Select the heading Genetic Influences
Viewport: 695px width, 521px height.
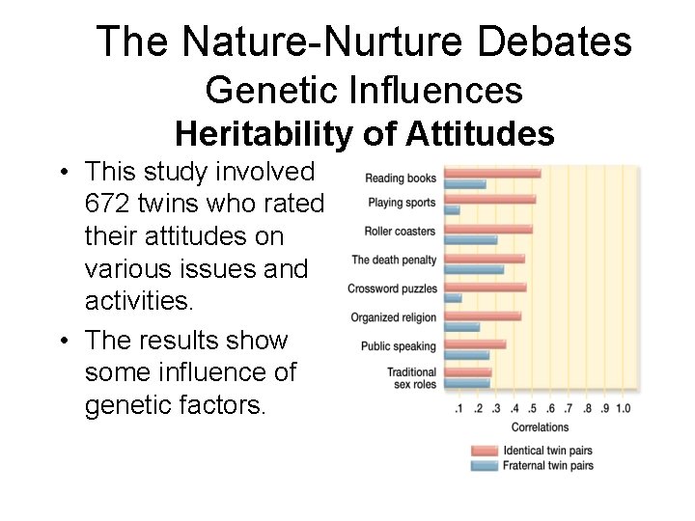coord(364,91)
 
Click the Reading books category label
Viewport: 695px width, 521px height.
coord(401,178)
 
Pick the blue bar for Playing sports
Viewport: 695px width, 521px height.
coord(452,209)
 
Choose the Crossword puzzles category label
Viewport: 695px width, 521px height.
coord(393,288)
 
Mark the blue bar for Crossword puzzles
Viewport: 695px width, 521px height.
coord(453,298)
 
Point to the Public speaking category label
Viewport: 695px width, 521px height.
coord(399,346)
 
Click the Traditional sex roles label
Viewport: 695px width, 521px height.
coord(411,378)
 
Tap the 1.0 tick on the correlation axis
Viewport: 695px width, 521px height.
coord(623,408)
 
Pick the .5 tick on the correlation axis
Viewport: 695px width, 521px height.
coord(533,408)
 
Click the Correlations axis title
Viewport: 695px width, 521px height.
coord(540,427)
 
